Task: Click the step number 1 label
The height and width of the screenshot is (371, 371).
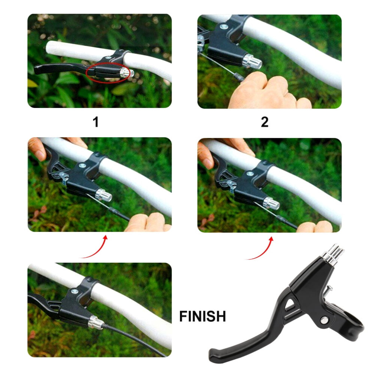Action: [x=95, y=122]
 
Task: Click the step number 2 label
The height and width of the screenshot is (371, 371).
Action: [x=265, y=122]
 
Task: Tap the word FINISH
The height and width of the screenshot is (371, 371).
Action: [x=202, y=316]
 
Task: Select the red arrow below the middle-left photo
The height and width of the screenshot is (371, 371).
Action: [x=95, y=247]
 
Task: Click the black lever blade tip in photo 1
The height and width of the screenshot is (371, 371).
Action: [x=38, y=70]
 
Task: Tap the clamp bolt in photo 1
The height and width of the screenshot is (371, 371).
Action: [x=108, y=57]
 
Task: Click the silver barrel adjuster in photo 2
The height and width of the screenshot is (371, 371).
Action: [x=252, y=61]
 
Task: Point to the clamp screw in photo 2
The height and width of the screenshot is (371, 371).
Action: [x=224, y=27]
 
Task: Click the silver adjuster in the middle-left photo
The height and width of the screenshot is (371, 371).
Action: [x=103, y=195]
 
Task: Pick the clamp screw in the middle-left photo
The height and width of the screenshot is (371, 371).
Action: [x=82, y=165]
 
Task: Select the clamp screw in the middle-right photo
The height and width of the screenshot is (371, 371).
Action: [x=250, y=174]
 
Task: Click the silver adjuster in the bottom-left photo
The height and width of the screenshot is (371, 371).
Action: [x=96, y=323]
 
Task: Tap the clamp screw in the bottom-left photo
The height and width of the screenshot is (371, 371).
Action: [x=75, y=291]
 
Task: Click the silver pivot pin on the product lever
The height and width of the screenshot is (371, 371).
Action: [x=325, y=320]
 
